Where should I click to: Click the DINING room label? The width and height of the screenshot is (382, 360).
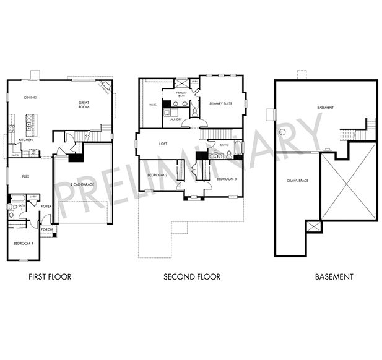tap(30, 98)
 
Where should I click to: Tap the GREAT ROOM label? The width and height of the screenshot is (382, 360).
tap(84, 105)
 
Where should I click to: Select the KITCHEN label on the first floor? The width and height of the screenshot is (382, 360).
tap(25, 140)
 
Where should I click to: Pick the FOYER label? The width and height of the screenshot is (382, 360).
tap(46, 206)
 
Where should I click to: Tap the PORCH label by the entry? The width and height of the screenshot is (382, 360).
tap(46, 229)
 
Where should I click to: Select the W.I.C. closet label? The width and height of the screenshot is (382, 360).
tap(152, 105)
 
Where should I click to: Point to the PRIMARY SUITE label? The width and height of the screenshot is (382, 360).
tap(220, 103)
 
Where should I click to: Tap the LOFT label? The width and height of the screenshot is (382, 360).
tap(163, 144)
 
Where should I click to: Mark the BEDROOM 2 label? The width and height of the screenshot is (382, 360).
tap(157, 176)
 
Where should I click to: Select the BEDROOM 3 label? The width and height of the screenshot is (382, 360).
tap(226, 179)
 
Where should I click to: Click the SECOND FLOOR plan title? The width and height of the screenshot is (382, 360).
tap(191, 276)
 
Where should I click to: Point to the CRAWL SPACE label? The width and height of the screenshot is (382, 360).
tap(297, 181)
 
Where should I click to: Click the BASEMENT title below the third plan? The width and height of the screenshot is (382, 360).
tap(334, 276)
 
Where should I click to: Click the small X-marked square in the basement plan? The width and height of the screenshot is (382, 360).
tap(315, 227)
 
